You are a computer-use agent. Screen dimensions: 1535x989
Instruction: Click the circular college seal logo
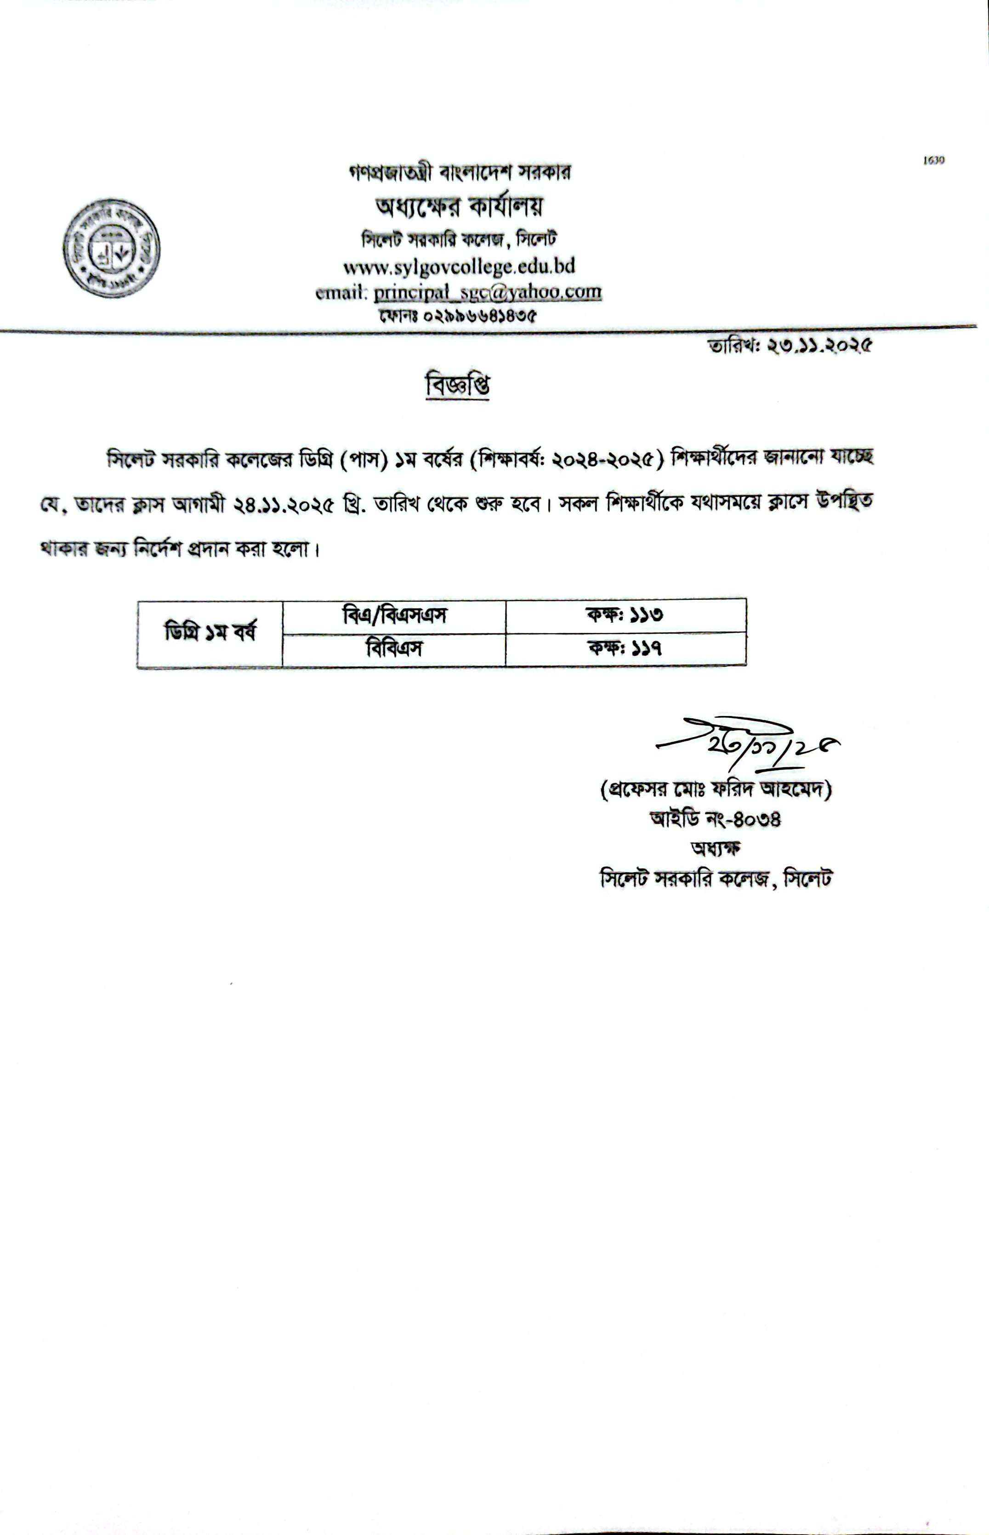pos(111,248)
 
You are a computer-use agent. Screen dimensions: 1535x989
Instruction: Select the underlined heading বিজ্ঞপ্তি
pos(458,386)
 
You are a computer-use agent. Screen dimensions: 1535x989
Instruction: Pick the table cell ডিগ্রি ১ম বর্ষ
pos(210,633)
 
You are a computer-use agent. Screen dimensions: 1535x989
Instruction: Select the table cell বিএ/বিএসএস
pos(394,616)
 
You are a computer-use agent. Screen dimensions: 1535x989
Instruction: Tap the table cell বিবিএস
pos(394,648)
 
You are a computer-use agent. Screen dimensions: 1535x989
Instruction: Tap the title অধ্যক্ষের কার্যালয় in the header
pos(459,206)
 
